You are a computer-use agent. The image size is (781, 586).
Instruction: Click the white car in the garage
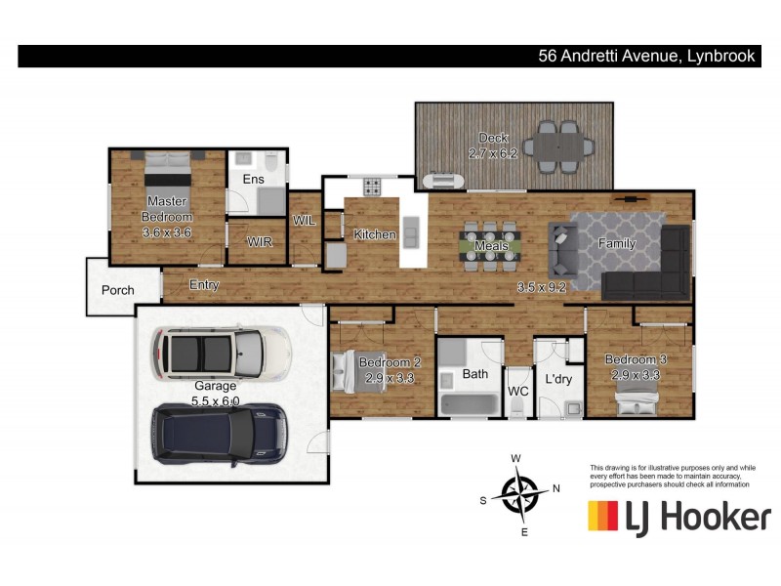[222, 353]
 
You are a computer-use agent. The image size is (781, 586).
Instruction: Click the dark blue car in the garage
[217, 433]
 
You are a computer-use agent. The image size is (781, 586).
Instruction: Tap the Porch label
[118, 290]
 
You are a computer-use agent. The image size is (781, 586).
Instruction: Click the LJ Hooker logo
[678, 516]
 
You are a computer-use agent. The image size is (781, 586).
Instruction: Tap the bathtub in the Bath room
[467, 403]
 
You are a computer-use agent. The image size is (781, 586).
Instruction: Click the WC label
[517, 391]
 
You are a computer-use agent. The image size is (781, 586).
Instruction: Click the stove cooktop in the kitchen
[372, 186]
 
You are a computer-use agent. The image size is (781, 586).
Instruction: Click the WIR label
[259, 241]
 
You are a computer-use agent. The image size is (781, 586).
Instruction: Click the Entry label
[204, 285]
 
